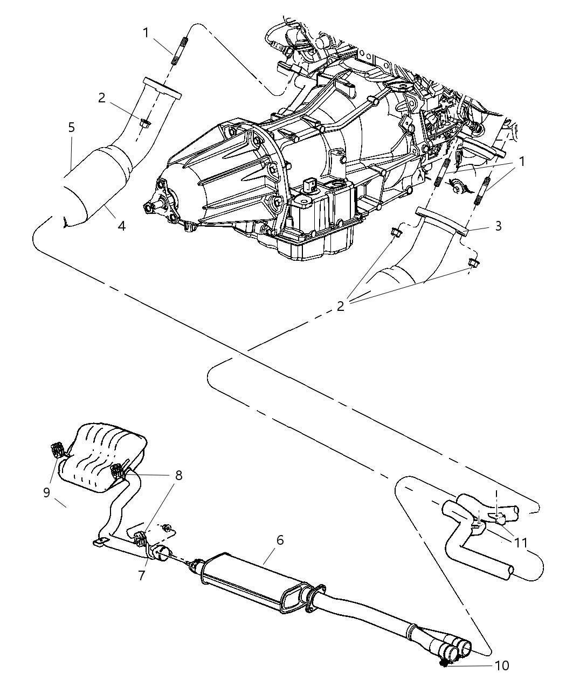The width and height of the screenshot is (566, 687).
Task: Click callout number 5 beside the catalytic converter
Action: tap(71, 128)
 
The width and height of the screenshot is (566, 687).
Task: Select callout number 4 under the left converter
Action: tap(122, 226)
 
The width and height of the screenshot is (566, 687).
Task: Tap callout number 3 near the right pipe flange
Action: tap(498, 226)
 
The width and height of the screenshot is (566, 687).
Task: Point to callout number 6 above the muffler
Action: tap(279, 540)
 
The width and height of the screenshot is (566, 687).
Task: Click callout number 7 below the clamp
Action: tap(141, 575)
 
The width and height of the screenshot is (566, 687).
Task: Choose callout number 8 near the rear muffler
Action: tap(178, 475)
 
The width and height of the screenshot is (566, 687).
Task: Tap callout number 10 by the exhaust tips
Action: tap(501, 666)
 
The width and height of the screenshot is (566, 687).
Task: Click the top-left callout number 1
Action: tap(146, 33)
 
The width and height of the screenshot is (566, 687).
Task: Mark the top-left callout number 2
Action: tap(101, 98)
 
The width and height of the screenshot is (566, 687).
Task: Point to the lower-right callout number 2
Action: tap(340, 306)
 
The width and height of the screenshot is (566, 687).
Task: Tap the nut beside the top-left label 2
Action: tap(144, 123)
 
